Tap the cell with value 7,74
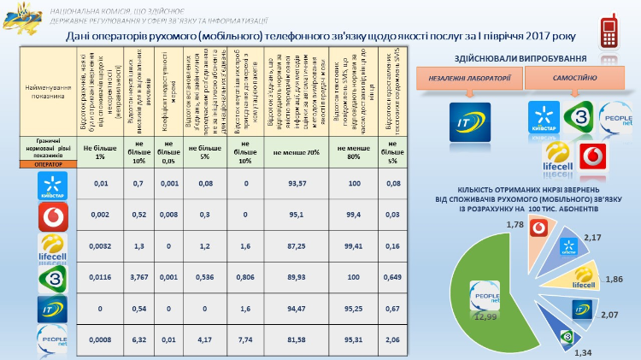tap(244, 339)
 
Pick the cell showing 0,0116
tap(100, 277)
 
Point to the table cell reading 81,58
tap(297, 339)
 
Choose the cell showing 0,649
tap(393, 277)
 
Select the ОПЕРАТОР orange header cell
tap(48, 164)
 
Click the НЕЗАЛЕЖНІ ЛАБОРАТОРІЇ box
tap(469, 79)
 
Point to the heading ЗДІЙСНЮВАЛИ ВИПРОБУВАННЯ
tap(522, 57)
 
